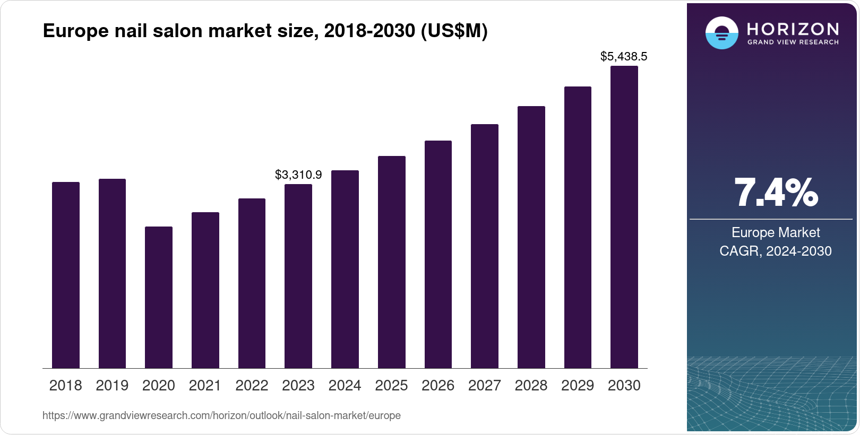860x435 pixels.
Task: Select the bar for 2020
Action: pos(158,297)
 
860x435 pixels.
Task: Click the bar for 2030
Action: pos(624,217)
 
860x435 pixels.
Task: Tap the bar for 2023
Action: pos(298,276)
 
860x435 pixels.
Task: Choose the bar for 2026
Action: pos(438,255)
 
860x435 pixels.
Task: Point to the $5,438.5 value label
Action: pos(623,56)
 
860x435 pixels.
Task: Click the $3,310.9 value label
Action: pos(298,175)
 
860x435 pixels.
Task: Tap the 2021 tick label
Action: pos(205,386)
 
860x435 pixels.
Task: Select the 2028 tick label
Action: pos(531,386)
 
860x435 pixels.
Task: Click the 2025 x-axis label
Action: pos(391,386)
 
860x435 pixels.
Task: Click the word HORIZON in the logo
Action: pos(793,29)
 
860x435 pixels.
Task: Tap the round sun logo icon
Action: pos(721,33)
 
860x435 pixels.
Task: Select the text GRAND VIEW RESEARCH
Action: pos(793,42)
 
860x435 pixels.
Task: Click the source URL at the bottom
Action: pos(221,415)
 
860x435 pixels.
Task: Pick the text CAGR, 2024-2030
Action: pos(775,251)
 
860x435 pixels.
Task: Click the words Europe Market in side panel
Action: pos(775,232)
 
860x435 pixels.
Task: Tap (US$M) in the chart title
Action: pos(454,31)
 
